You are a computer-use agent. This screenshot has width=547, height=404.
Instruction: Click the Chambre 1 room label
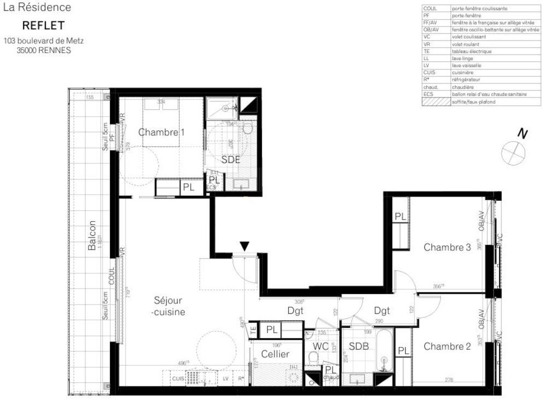coord(161,132)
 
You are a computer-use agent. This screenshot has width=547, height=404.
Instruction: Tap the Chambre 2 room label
coord(447,346)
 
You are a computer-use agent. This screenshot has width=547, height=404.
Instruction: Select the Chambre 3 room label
coord(447,247)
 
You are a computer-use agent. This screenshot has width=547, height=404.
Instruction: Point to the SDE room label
coord(230,160)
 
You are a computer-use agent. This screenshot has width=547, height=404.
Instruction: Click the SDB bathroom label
coord(358,346)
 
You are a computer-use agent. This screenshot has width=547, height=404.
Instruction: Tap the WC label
coord(320,346)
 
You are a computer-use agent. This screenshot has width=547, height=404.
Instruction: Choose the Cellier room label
coord(276,354)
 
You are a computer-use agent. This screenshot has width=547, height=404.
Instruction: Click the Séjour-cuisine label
coord(168,306)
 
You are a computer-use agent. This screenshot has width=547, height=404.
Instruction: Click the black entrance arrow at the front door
coord(245,246)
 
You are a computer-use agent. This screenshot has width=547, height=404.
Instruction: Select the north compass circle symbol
coord(513,152)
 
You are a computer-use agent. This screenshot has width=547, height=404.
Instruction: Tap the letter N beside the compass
coord(523,133)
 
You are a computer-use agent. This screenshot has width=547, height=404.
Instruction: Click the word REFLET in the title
coord(43,26)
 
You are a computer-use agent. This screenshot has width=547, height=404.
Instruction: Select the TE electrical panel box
coord(253,330)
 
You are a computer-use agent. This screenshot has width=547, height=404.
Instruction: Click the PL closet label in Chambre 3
coord(400,217)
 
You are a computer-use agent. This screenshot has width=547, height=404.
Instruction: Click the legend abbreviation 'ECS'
coord(428,94)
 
